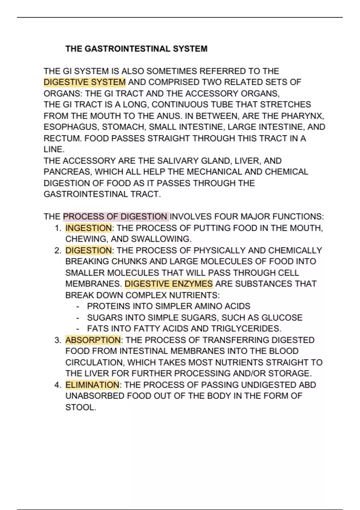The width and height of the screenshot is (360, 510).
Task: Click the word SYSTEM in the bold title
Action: click(x=190, y=49)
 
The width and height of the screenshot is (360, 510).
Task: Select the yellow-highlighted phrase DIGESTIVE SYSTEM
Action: click(x=85, y=82)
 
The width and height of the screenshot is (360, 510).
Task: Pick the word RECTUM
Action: click(x=63, y=138)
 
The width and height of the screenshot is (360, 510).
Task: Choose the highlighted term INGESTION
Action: click(x=88, y=228)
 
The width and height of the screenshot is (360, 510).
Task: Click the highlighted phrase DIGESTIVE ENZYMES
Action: click(x=169, y=284)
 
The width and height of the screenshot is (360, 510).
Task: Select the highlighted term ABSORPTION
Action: click(x=93, y=340)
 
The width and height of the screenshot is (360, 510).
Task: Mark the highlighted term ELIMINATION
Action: click(x=92, y=385)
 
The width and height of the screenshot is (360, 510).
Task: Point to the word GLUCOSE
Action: click(x=282, y=318)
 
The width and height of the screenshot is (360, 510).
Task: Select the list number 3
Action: click(x=58, y=340)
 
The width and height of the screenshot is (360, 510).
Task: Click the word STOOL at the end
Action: click(x=80, y=407)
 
